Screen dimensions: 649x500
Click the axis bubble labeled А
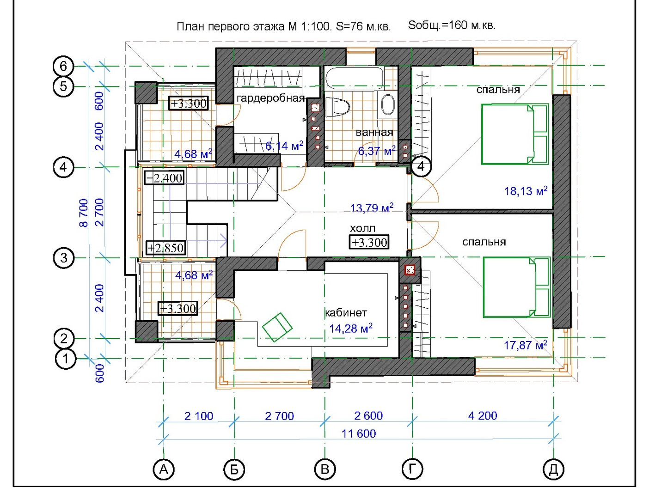coord(163,469)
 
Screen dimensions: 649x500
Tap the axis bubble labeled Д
coord(553,469)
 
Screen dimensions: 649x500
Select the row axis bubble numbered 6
coord(63,66)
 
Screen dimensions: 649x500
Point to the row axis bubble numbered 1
coord(66,359)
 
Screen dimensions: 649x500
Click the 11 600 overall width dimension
coord(358,433)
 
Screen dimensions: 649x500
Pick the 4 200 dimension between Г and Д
coord(482,415)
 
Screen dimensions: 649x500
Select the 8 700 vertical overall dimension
coord(84,213)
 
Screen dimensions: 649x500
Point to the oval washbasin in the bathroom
coord(388,105)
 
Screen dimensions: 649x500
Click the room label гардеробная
coord(270,98)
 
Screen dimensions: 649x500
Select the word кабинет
coord(346,312)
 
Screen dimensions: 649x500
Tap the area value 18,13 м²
coord(526,190)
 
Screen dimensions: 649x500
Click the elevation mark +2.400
coord(164,178)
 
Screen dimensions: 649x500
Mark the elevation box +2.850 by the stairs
coord(166,248)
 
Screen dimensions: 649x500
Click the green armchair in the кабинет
coord(277,327)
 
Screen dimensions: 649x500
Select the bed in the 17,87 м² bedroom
coord(516,287)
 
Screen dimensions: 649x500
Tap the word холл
coord(362,228)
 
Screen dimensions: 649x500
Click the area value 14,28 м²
coord(351,329)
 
